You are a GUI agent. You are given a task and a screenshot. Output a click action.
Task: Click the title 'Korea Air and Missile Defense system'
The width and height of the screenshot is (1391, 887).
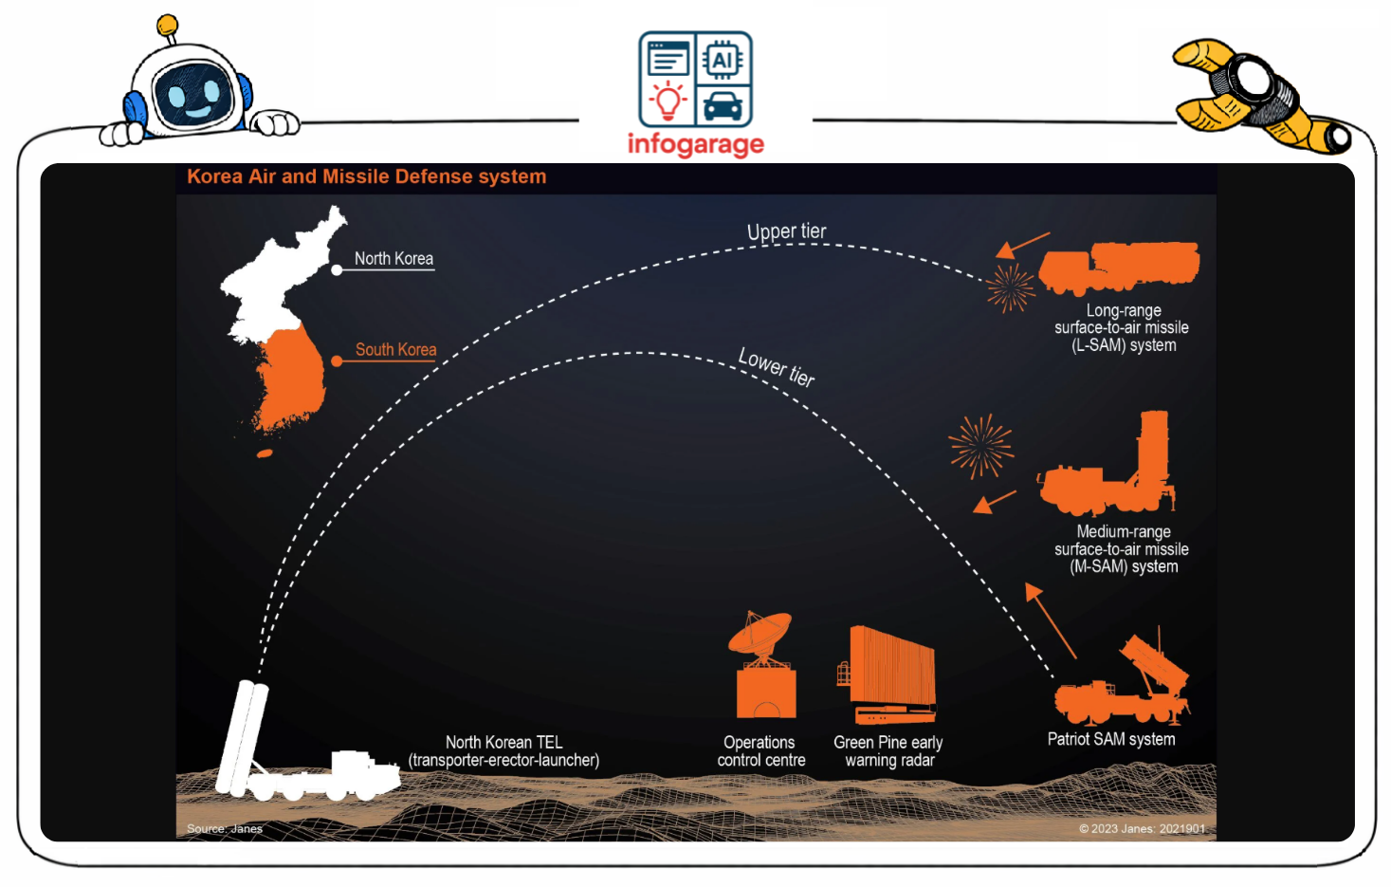coord(366,176)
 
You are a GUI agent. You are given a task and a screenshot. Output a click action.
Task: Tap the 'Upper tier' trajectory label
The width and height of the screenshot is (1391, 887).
coord(786,231)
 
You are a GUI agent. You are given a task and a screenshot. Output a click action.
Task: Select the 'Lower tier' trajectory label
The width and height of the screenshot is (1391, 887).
coord(777,366)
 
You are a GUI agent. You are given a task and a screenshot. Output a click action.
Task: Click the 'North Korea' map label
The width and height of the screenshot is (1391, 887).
coord(394,258)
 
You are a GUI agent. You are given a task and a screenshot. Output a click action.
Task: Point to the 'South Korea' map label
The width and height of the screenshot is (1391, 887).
coord(395,349)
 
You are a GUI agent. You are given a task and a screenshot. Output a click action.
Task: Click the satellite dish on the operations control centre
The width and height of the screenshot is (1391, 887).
coord(761,633)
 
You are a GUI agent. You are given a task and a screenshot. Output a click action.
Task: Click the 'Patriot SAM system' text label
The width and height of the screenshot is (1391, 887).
coord(1110,739)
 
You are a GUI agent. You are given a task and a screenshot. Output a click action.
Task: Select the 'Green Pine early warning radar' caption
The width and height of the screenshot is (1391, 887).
coord(888,750)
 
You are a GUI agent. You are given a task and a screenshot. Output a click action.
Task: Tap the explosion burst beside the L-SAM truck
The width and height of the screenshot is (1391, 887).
coord(1010,287)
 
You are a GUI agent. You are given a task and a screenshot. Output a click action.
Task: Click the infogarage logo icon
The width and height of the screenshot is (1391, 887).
coord(695,80)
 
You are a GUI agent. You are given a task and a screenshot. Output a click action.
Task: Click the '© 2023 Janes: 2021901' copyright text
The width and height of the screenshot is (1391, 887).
coord(1142,828)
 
